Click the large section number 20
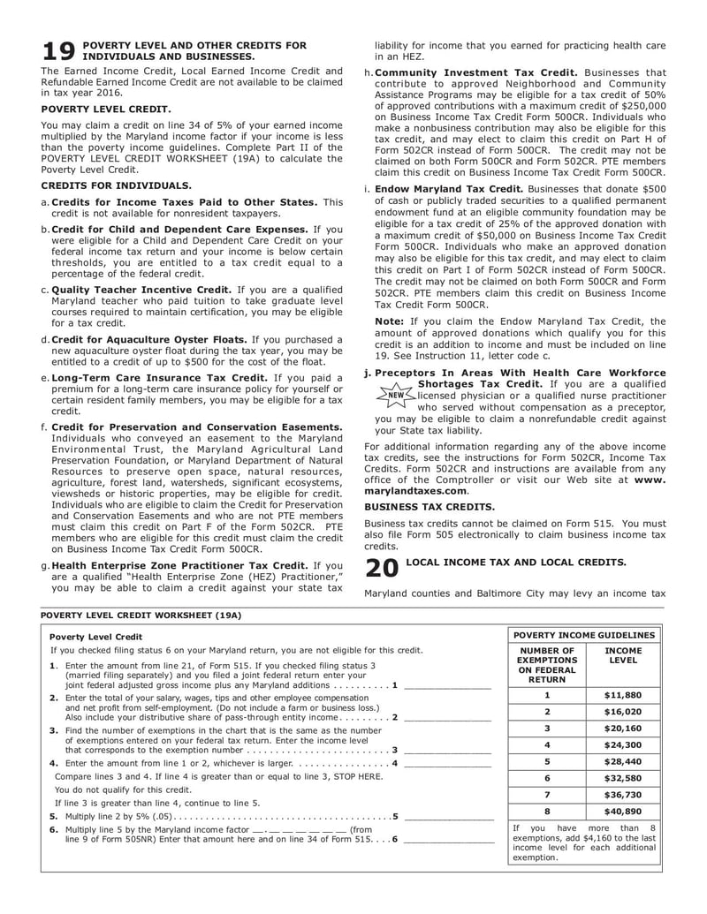(x=381, y=569)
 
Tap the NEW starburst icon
(x=395, y=395)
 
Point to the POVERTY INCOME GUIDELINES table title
(x=584, y=635)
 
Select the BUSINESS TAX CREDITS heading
(x=430, y=507)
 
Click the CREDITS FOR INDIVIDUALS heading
(x=116, y=185)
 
